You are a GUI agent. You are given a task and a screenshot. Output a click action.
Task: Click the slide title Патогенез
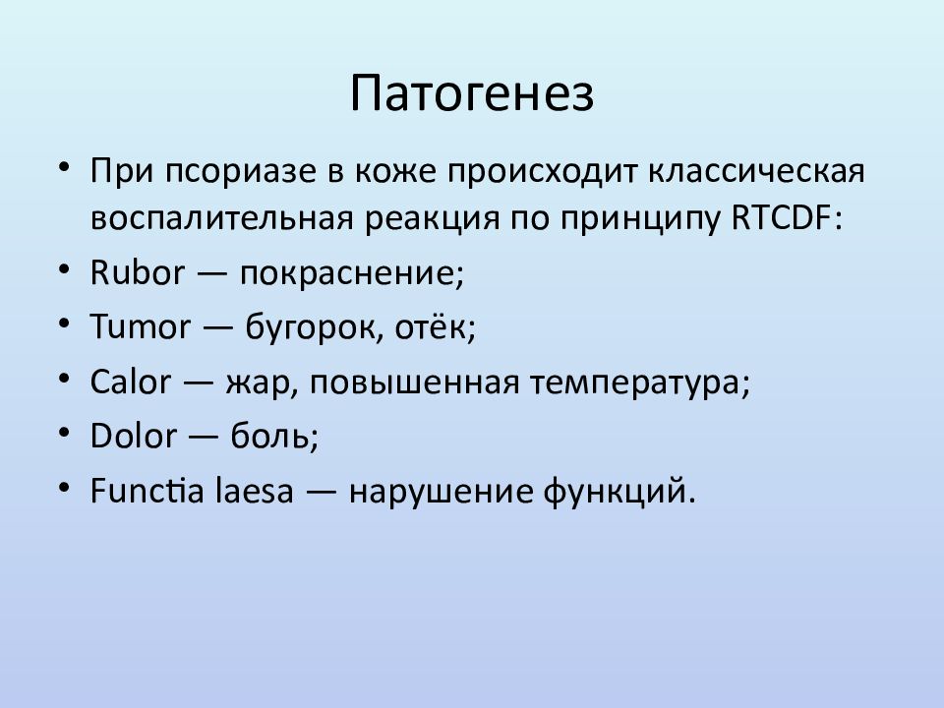[x=472, y=93]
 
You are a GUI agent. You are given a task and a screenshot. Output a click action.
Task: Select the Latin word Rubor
[x=138, y=272]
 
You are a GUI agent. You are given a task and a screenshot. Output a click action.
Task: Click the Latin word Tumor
[x=141, y=326]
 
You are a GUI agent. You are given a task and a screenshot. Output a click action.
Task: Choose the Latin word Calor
[x=131, y=382]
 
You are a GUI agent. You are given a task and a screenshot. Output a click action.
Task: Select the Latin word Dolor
[x=134, y=436]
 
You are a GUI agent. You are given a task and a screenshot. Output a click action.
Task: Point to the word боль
[x=269, y=436]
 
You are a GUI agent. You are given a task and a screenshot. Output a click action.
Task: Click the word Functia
[x=147, y=490]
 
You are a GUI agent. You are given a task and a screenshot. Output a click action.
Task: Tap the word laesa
[x=254, y=490]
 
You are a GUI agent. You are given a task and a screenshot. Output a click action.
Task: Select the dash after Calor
[x=198, y=382]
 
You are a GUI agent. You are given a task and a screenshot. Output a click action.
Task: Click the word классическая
[x=757, y=170]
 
